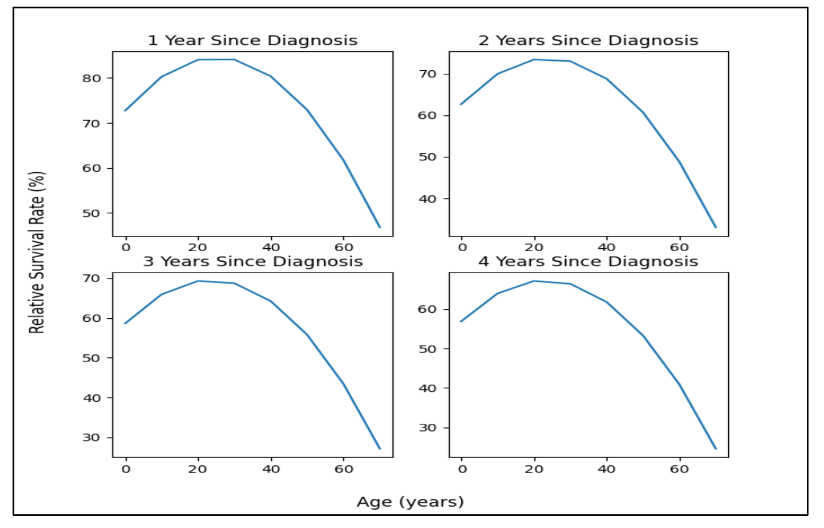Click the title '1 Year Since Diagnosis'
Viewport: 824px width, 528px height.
coord(252,41)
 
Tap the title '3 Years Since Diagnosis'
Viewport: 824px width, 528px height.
coord(252,262)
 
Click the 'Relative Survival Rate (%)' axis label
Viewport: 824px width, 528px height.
coord(38,252)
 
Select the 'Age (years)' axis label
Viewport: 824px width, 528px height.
coord(410,502)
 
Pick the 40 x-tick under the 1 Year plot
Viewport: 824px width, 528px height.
coord(271,248)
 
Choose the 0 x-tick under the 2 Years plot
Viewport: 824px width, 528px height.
coord(462,248)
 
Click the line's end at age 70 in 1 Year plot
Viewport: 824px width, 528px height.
coord(380,227)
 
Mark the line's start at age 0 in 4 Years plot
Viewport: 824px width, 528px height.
coord(462,321)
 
